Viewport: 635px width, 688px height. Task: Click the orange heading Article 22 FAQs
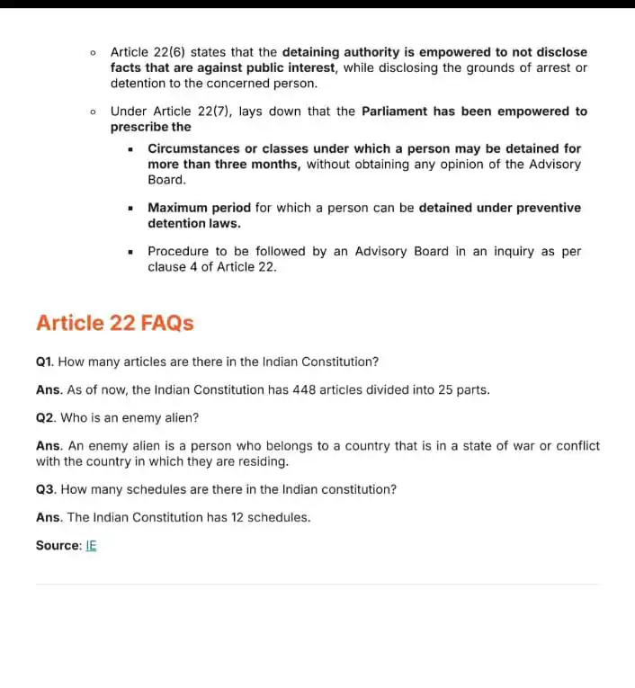click(x=114, y=323)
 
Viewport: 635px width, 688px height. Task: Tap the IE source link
click(x=91, y=545)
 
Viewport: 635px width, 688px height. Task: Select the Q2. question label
click(x=46, y=417)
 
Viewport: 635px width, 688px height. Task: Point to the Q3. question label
click(x=46, y=489)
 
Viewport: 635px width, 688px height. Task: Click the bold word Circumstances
click(x=193, y=148)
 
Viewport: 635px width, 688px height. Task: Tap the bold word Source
click(x=57, y=545)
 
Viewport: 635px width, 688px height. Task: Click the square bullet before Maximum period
click(x=131, y=208)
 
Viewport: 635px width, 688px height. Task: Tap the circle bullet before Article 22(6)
click(x=94, y=52)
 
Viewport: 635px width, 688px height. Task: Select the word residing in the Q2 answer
click(x=261, y=461)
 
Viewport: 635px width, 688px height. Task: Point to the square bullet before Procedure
click(x=131, y=251)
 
